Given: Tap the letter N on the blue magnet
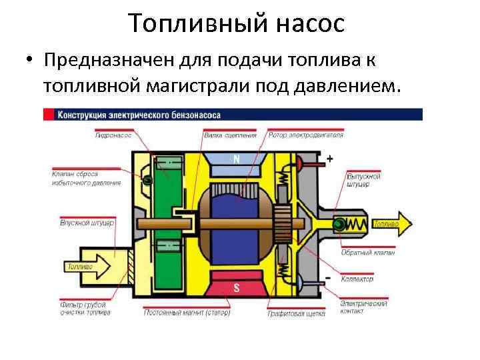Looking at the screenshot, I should [236, 159].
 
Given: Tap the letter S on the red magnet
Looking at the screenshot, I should [236, 287].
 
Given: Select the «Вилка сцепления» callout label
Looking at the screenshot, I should [230, 135].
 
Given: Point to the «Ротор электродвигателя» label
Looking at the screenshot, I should [306, 135].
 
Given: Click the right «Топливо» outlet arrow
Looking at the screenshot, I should [390, 225].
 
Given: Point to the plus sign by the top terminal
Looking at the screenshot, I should [329, 160].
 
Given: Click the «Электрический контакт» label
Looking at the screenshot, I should [363, 307].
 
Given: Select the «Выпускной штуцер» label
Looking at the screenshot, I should [364, 180].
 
